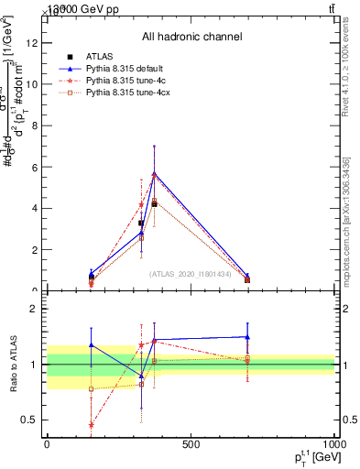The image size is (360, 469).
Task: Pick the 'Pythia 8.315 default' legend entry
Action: click(126, 69)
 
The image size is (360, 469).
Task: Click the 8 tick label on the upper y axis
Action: click(34, 125)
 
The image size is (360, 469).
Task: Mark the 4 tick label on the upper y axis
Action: click(34, 208)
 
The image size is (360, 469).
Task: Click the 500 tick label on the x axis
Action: click(191, 444)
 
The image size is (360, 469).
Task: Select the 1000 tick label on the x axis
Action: click(333, 444)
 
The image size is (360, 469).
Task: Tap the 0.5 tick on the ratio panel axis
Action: click(29, 420)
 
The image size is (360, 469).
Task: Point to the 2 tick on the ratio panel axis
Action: click(34, 309)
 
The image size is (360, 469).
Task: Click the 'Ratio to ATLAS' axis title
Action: click(12, 365)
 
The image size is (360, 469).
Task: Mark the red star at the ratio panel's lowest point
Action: click(91, 425)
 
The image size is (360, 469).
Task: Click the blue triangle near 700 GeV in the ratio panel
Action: click(247, 337)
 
